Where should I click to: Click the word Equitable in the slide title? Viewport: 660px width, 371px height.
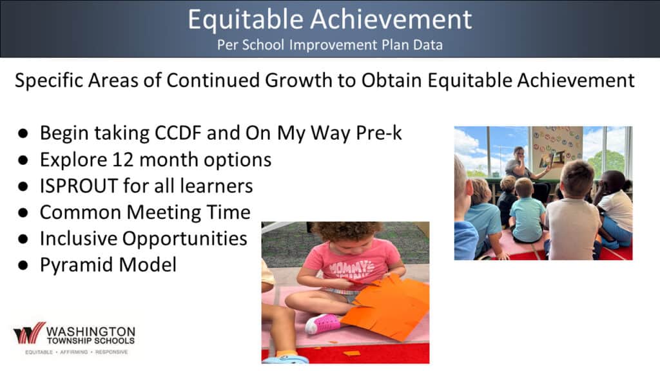click(x=246, y=19)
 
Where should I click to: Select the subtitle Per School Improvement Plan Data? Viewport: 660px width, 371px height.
click(x=330, y=44)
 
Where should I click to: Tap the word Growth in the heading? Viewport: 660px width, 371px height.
click(x=298, y=81)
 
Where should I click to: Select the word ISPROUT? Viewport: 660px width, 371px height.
click(x=79, y=186)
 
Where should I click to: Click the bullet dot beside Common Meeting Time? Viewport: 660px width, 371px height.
click(x=23, y=213)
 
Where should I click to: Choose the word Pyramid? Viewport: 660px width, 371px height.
click(x=77, y=265)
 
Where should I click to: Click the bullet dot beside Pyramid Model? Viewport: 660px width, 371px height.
click(x=23, y=265)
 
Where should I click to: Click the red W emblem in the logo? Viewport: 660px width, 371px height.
click(x=29, y=334)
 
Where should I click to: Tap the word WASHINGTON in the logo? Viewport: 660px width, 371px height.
click(x=90, y=332)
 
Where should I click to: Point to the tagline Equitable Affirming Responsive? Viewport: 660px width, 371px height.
click(x=76, y=352)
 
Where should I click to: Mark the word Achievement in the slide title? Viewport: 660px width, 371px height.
click(x=391, y=19)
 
